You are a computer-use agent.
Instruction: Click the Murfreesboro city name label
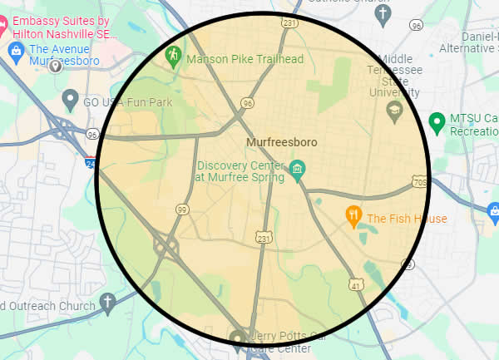point(281,143)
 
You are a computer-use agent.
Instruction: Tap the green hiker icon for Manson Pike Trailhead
point(173,57)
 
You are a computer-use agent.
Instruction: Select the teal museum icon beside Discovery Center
point(298,171)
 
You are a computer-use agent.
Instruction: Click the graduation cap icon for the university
point(395,110)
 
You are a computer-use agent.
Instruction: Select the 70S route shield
point(419,181)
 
